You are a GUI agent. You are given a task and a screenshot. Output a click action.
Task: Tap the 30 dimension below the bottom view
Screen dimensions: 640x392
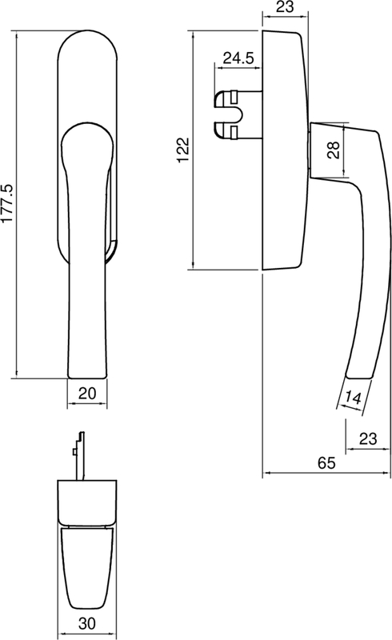(87, 623)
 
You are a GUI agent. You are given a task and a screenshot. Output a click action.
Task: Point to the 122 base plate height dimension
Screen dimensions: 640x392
(184, 150)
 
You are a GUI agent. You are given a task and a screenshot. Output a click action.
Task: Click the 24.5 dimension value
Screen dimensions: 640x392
(238, 58)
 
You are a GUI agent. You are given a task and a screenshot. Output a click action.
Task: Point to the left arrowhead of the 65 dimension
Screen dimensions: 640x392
(266, 473)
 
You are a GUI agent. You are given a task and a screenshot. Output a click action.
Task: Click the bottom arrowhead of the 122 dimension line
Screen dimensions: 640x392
(194, 266)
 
